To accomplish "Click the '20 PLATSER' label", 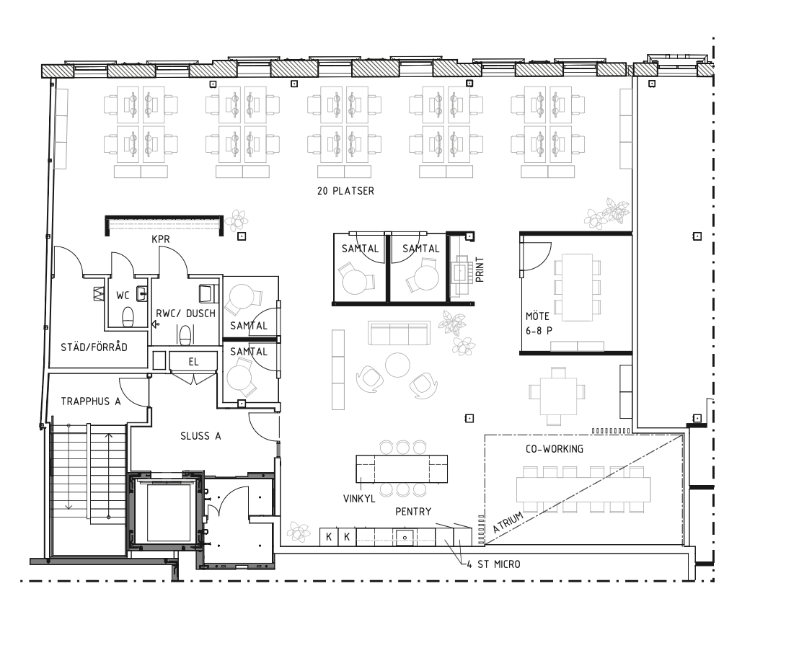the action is pos(345,191).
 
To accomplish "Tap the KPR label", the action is pos(161,239).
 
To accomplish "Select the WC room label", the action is pos(123,296).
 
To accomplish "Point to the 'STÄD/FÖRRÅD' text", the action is pos(94,347).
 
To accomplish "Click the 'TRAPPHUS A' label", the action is pos(91,401).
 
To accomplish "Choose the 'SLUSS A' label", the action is pos(200,436).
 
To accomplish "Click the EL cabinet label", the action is pos(193,362).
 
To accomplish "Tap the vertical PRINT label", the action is pos(480,270).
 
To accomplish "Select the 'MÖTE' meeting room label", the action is pos(537,316).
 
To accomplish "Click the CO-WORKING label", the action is pos(555,449).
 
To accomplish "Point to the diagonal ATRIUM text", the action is pos(508,523).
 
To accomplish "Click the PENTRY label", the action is pos(413,512).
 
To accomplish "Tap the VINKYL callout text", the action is pos(359,499).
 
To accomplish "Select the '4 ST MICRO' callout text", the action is pos(494,564).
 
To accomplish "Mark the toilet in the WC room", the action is pos(128,317).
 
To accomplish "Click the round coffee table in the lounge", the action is pos(397,365).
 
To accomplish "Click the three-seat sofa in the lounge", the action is pos(399,333).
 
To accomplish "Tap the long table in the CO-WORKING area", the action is pos(584,489).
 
